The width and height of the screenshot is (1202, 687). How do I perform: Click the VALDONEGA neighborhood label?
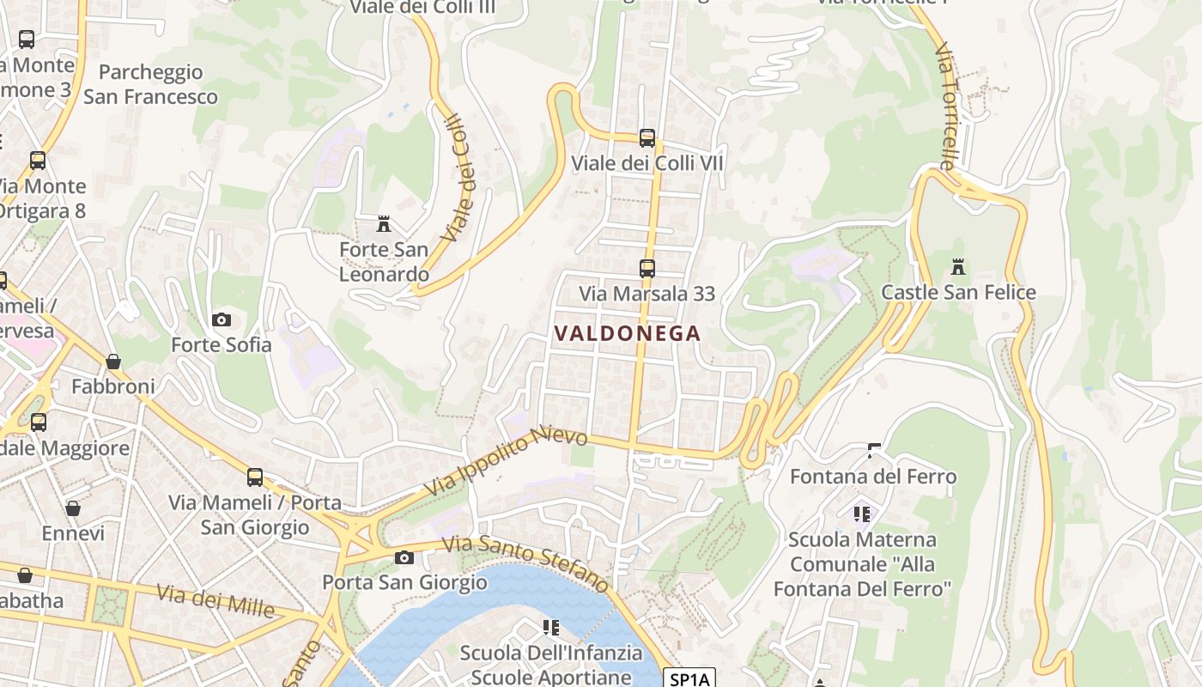(x=628, y=333)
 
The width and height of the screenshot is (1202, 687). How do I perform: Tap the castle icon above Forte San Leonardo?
(x=384, y=224)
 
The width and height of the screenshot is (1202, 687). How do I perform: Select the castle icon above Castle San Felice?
(x=958, y=267)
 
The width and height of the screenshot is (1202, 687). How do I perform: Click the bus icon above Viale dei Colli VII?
(x=647, y=137)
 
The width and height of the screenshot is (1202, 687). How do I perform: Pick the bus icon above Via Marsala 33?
(x=647, y=268)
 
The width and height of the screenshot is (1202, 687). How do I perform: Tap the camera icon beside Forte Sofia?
(x=222, y=319)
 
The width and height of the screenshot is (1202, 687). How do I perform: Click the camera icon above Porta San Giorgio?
(x=404, y=557)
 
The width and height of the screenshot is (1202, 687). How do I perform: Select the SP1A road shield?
(x=690, y=679)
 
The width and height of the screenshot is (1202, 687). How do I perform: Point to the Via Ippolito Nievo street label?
(x=506, y=460)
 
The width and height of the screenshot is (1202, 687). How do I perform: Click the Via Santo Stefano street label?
(x=525, y=562)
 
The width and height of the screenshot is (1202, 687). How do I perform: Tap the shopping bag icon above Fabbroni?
(x=113, y=362)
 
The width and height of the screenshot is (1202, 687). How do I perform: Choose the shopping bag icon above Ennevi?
(x=73, y=508)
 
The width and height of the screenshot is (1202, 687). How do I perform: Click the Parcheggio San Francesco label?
(x=150, y=84)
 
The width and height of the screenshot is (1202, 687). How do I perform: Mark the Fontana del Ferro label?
(x=872, y=476)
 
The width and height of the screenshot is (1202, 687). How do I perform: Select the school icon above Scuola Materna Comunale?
(x=862, y=514)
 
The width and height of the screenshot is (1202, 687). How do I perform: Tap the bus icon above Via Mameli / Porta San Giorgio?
(x=255, y=477)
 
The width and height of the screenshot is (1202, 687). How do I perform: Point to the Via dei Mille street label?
(x=216, y=599)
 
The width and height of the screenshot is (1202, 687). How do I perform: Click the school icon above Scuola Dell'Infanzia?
(x=550, y=628)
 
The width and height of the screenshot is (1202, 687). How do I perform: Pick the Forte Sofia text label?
(x=222, y=344)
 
